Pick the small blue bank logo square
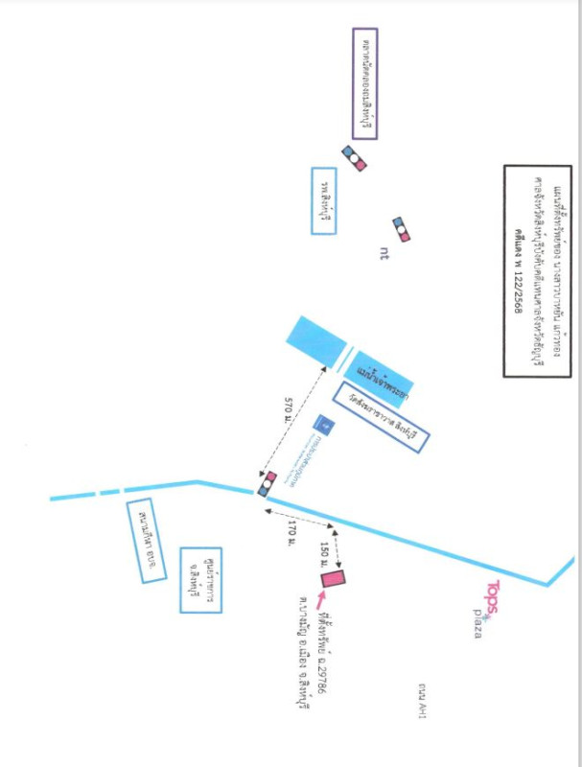324,423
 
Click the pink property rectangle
333,578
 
